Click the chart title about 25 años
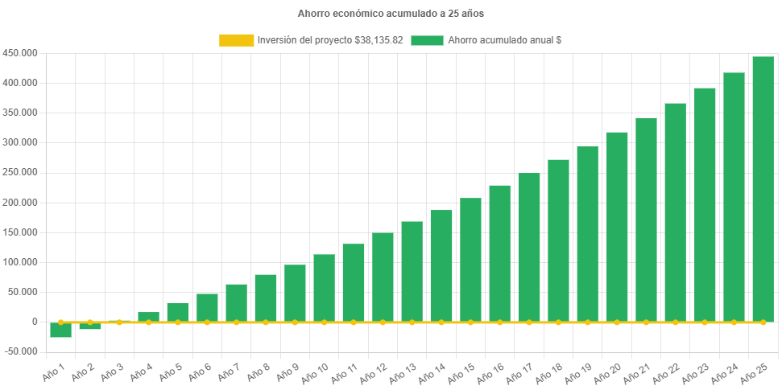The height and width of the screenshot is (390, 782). pos(391,14)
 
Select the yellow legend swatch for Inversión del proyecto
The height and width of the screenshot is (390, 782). pos(236,40)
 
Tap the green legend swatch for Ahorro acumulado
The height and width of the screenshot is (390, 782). pos(427,40)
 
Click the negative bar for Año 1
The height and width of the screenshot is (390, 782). pos(60,330)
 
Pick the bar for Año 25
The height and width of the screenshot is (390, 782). pos(763,189)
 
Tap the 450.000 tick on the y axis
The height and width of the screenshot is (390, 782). pos(20,53)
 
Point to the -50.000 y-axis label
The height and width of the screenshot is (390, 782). pos(20,351)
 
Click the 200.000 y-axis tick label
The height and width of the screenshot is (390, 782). pos(20,203)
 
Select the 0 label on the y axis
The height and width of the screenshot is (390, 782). pos(35,322)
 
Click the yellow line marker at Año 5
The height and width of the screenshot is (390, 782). pos(178,322)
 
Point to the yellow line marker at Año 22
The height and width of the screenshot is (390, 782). pos(676,322)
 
